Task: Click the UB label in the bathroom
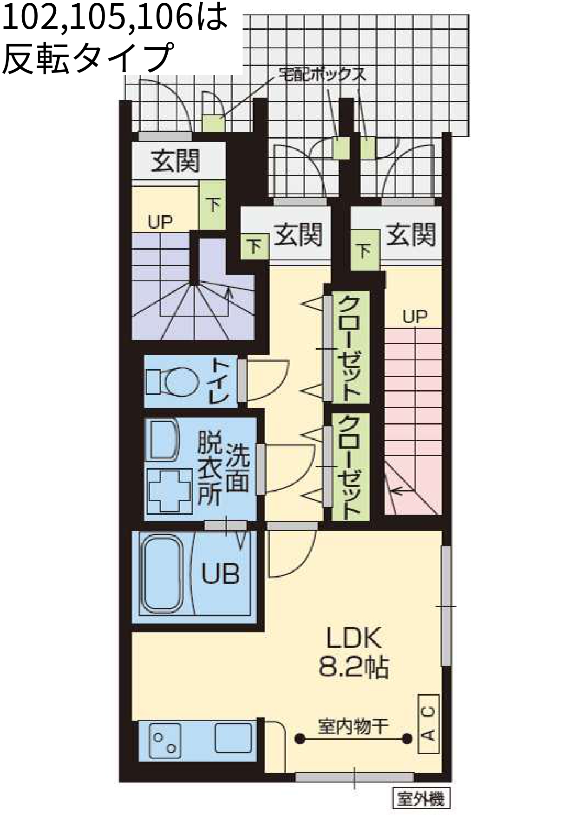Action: pyautogui.click(x=220, y=574)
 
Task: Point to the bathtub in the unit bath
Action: pyautogui.click(x=162, y=575)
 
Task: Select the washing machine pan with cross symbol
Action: pyautogui.click(x=170, y=491)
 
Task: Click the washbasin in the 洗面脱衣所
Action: pyautogui.click(x=163, y=440)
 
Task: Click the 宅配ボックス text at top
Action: pyautogui.click(x=321, y=74)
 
